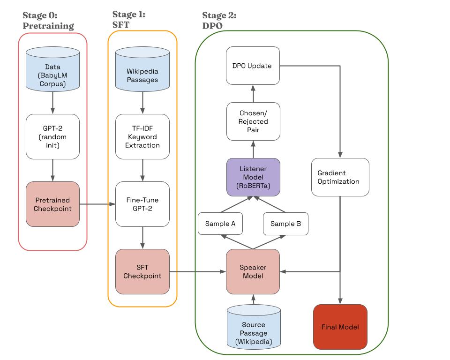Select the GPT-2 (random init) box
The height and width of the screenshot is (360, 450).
(x=52, y=137)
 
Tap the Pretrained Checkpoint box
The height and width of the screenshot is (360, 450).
(x=52, y=204)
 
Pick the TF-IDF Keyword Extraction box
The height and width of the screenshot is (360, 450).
(x=142, y=137)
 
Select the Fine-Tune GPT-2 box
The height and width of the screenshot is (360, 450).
(x=142, y=204)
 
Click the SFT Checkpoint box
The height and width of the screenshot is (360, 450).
(x=142, y=272)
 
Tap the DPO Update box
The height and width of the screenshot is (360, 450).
(x=253, y=66)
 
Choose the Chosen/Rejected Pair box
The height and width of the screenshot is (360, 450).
(x=253, y=121)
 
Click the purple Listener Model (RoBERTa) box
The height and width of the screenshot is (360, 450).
(x=253, y=177)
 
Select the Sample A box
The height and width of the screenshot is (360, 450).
(x=220, y=224)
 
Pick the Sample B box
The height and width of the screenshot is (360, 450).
(x=285, y=224)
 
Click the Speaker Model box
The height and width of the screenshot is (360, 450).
(x=253, y=272)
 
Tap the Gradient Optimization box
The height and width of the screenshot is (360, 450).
(x=340, y=177)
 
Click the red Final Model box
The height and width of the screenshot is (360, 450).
(x=340, y=327)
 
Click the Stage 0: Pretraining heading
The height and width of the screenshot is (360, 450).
(x=48, y=21)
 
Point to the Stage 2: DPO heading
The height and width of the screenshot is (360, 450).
(x=219, y=21)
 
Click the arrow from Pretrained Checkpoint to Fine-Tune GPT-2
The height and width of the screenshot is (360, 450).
(x=97, y=204)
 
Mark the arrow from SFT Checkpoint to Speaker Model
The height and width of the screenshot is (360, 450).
(x=197, y=271)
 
